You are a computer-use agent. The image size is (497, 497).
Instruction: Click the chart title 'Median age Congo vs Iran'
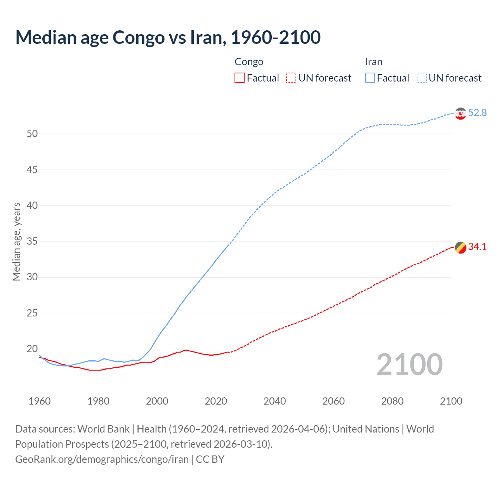(x=168, y=37)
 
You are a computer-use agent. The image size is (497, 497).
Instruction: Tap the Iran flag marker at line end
(x=461, y=113)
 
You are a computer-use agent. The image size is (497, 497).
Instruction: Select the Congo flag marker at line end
(x=461, y=247)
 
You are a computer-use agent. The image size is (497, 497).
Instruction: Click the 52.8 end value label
(x=477, y=113)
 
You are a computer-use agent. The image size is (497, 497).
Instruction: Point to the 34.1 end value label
(x=477, y=247)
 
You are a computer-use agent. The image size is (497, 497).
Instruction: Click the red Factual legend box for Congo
(x=240, y=78)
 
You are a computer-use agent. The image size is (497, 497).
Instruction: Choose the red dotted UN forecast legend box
(x=291, y=78)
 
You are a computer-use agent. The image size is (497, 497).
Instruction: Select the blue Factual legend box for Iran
(x=370, y=78)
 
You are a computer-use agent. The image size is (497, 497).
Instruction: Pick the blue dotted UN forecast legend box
(x=421, y=78)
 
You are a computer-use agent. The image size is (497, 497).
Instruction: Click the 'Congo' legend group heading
(x=249, y=62)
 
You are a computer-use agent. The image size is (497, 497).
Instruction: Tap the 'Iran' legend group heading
(x=374, y=62)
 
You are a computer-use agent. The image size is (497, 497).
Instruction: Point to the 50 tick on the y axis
(x=32, y=134)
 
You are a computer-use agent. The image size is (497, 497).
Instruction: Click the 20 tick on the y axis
(x=32, y=349)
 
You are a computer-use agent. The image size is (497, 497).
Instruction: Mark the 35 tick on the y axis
(x=32, y=242)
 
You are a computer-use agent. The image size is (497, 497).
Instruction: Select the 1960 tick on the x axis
(x=40, y=401)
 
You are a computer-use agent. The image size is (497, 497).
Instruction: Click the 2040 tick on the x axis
(x=275, y=401)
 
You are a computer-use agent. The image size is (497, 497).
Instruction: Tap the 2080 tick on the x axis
(x=392, y=401)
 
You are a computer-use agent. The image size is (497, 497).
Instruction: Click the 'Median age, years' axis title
(x=16, y=242)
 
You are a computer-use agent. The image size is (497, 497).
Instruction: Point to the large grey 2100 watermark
(x=409, y=365)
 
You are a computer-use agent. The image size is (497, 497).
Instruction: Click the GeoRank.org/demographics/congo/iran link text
(x=102, y=459)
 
